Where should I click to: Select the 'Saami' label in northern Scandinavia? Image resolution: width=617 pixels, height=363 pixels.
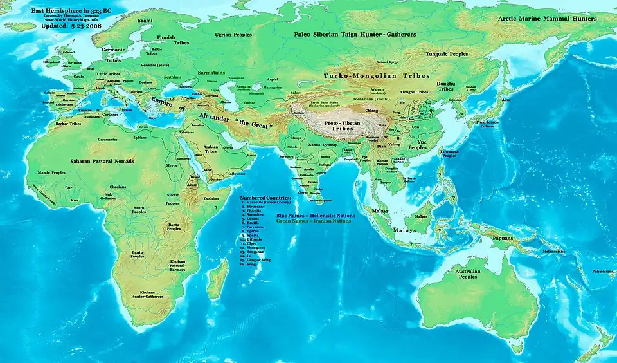point(145,21)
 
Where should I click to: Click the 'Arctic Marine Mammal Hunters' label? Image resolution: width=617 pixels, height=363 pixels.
point(547,19)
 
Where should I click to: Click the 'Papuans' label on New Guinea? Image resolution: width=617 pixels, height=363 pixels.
point(504,238)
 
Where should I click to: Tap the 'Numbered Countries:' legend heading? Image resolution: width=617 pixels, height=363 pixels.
point(265,197)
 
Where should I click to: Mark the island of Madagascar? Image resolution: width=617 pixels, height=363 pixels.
point(218,277)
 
